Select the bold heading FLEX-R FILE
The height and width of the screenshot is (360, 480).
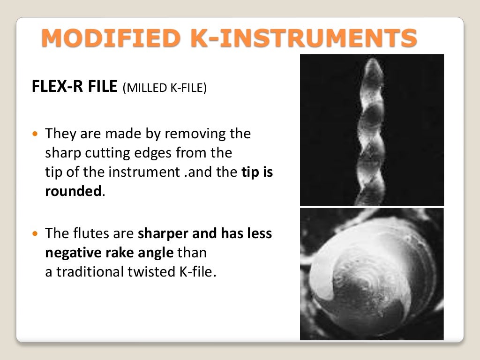click(x=74, y=88)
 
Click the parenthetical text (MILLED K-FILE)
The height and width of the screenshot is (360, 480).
click(x=164, y=89)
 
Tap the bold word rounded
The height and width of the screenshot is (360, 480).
click(x=73, y=192)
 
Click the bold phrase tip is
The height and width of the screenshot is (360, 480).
click(x=257, y=172)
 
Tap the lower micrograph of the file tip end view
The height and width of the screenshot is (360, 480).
click(x=372, y=274)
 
